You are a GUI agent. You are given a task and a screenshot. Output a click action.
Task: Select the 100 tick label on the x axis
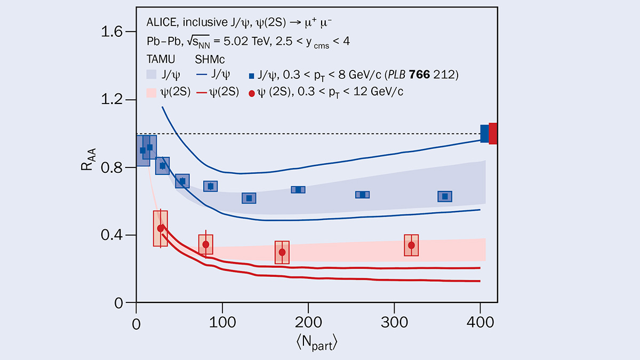222,323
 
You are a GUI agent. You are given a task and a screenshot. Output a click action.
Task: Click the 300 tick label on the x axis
394,323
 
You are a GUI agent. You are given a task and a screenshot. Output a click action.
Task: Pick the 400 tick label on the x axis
481,323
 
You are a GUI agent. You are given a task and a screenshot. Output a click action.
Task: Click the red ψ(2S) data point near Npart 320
411,245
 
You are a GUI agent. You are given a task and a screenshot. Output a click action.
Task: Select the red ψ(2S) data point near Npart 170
282,252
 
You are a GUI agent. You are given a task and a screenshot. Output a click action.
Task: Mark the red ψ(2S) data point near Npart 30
161,228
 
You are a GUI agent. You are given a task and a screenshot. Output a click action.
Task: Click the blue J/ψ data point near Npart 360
445,196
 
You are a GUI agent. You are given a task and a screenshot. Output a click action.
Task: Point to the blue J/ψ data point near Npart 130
249,198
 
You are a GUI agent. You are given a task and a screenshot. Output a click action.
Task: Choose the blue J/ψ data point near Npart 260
363,195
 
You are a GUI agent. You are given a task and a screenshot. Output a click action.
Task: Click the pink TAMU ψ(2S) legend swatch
151,92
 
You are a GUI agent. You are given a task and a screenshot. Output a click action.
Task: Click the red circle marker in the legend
252,92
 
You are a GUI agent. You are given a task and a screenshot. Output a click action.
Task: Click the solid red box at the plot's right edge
493,133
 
